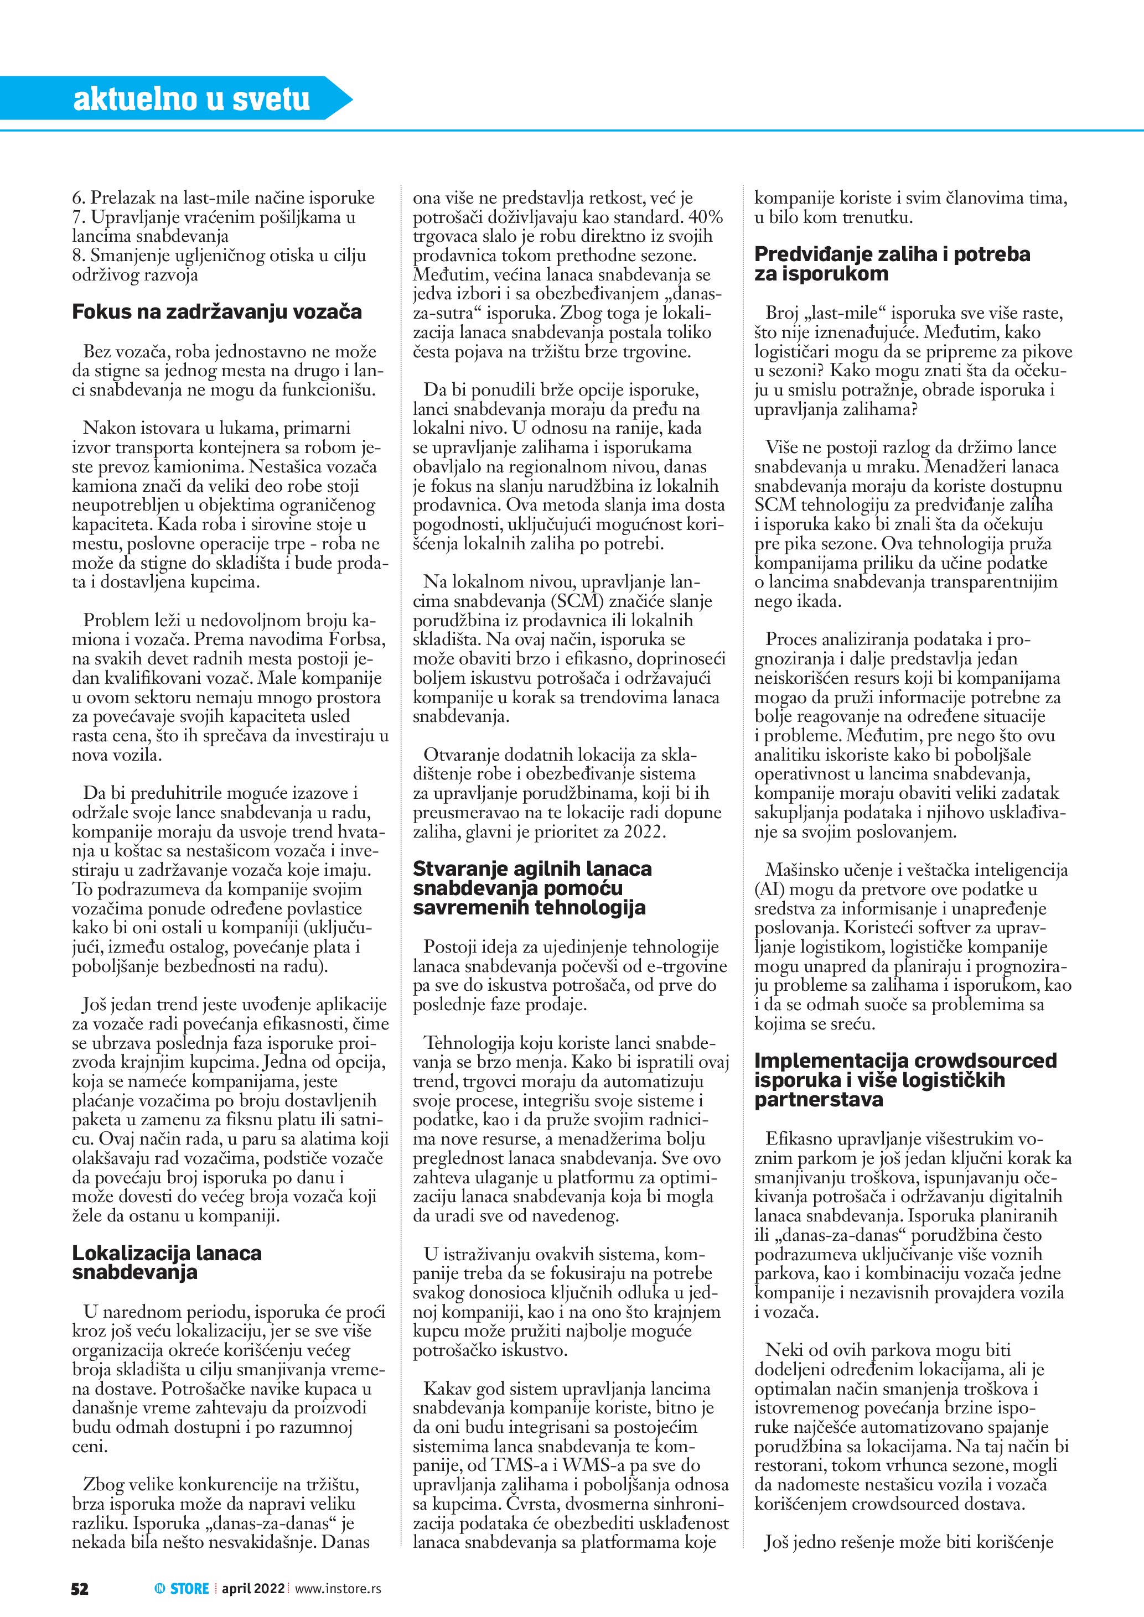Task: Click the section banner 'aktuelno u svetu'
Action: click(x=191, y=98)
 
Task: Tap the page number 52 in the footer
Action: click(x=80, y=1588)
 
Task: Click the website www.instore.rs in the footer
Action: click(x=338, y=1588)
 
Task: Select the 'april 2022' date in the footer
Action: click(x=253, y=1588)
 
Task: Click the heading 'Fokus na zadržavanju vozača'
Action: click(x=216, y=311)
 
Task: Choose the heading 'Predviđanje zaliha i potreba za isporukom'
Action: click(x=892, y=263)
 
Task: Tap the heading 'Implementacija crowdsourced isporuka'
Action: click(x=905, y=1080)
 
